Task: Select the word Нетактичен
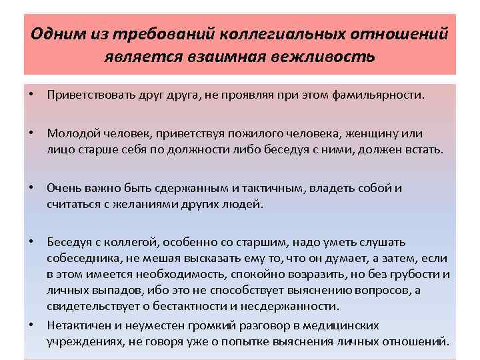pos(77,325)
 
